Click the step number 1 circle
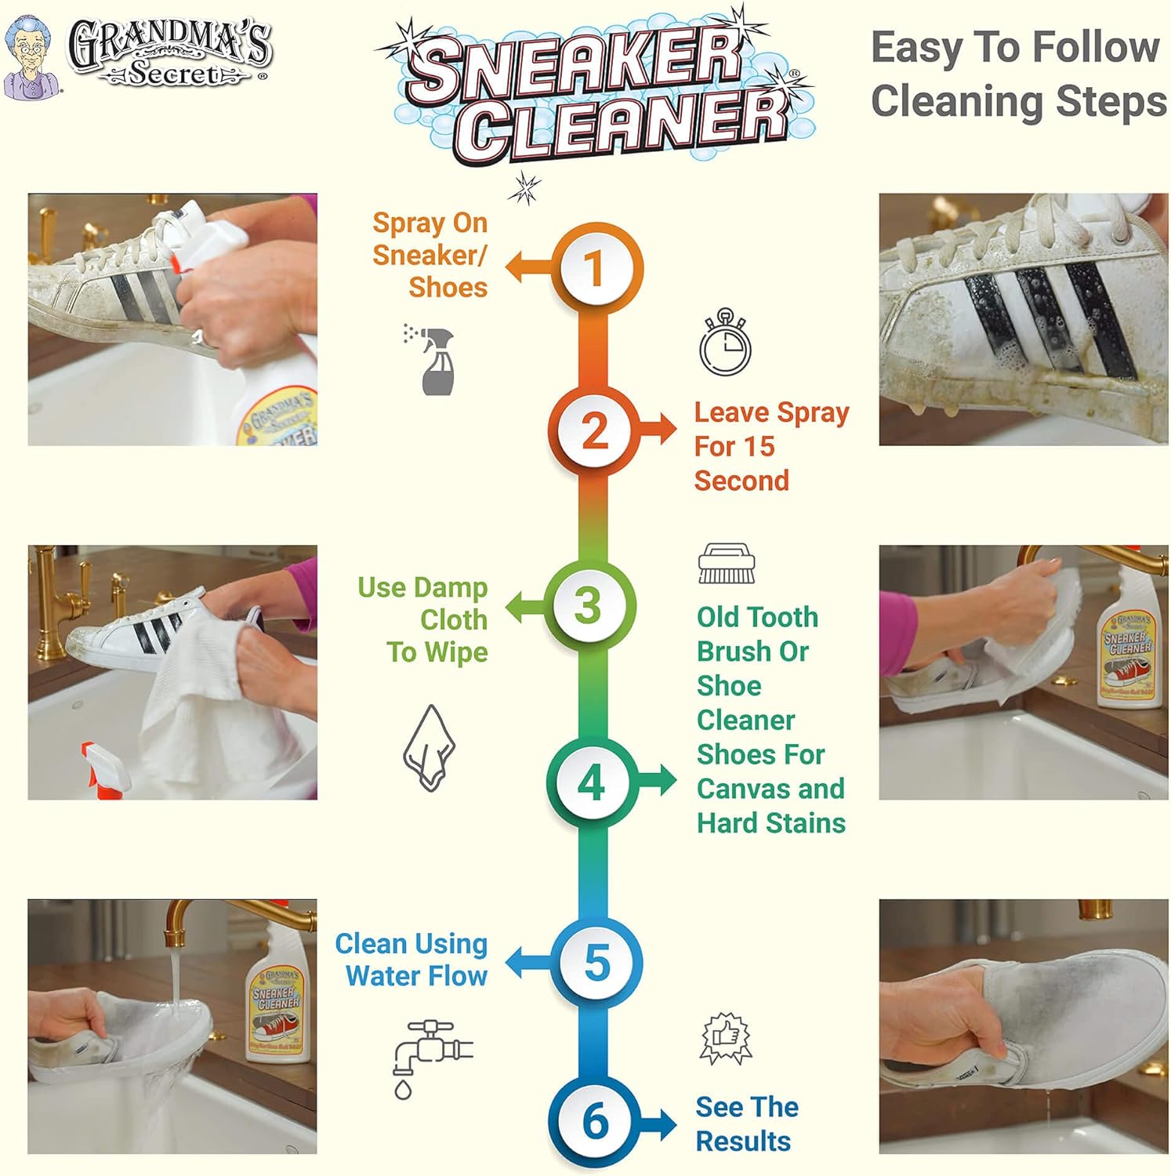[x=595, y=268]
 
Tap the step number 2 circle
[x=595, y=430]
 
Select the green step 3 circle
[x=589, y=606]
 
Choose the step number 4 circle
[x=592, y=782]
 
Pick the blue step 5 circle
[x=596, y=963]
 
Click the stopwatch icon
[x=725, y=343]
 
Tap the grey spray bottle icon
[x=432, y=360]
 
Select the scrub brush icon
[x=726, y=563]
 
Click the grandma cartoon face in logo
[x=31, y=55]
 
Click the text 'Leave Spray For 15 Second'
[x=770, y=446]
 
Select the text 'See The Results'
[x=746, y=1123]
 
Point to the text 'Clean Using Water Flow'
[x=412, y=960]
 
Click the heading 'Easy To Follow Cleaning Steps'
[x=1017, y=74]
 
